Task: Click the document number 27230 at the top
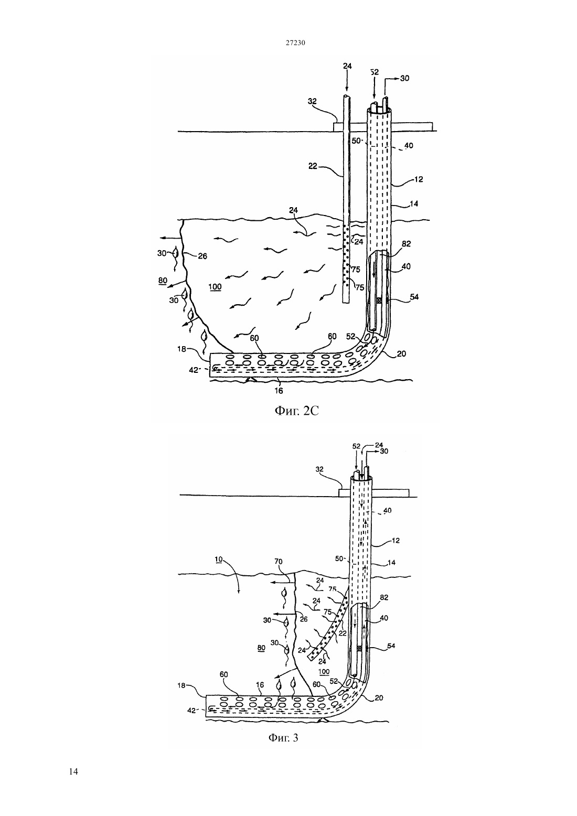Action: coord(295,43)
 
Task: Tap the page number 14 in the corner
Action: coord(73,771)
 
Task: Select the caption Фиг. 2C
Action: coord(296,411)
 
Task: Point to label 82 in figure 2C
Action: coord(406,244)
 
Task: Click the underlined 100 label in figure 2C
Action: coord(215,287)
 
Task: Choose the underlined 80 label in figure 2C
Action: coord(163,281)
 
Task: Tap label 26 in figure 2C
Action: coord(202,256)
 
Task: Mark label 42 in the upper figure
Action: coord(194,370)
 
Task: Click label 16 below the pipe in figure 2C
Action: coord(279,391)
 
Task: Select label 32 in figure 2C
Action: coord(312,101)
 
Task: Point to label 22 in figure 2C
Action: coord(313,166)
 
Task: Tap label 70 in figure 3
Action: coord(279,561)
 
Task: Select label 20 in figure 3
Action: coord(379,697)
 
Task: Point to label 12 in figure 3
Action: coord(396,540)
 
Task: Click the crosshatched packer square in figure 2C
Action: coord(380,300)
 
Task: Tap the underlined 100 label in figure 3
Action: coord(324,672)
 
